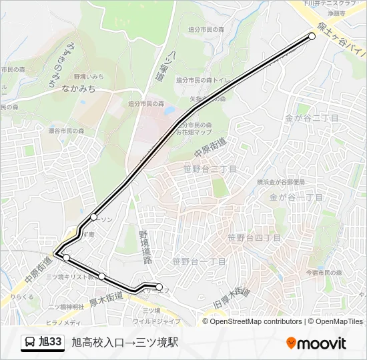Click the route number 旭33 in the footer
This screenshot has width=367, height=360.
point(51,343)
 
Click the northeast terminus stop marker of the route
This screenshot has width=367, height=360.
point(312,37)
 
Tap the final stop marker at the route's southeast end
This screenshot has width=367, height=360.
point(159,287)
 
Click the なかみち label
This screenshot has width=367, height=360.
point(78,88)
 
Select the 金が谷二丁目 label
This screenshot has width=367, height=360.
point(312,117)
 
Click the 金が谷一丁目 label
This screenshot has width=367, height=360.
point(296,197)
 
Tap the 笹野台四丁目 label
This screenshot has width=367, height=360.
point(254,237)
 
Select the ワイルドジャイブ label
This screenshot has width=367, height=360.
point(158,321)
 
